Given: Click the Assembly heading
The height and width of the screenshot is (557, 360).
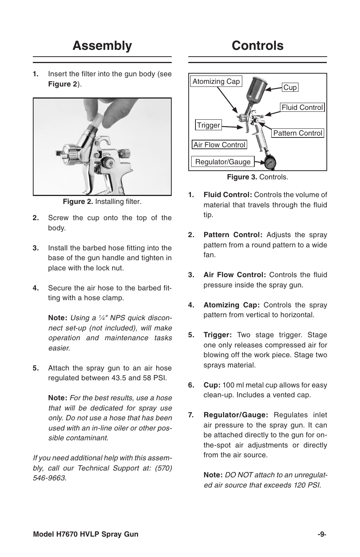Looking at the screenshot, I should [x=102, y=46].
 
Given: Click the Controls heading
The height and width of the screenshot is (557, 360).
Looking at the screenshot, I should [x=258, y=46].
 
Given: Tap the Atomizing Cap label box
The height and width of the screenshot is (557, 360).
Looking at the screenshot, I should [x=216, y=82].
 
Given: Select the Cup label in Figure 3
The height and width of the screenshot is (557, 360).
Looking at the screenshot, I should [x=290, y=88].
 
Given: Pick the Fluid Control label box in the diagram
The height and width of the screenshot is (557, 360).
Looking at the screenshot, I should [x=302, y=108].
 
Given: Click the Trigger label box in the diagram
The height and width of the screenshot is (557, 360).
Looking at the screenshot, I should [x=208, y=125].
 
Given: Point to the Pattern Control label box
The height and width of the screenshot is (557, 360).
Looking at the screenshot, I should [x=298, y=133].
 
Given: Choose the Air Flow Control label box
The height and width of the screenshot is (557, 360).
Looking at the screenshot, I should [x=219, y=145].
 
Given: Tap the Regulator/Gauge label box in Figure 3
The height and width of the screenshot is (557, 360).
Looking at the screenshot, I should [x=223, y=162].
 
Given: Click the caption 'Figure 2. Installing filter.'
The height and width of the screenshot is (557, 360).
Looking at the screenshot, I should [x=102, y=202].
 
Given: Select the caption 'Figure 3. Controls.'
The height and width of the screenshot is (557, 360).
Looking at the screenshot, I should [x=257, y=177].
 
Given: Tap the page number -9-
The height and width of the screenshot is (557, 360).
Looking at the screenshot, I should [x=322, y=534].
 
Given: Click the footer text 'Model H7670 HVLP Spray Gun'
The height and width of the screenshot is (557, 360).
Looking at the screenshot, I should [x=86, y=534].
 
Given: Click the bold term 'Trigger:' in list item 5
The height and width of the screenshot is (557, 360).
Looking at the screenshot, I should [x=217, y=335].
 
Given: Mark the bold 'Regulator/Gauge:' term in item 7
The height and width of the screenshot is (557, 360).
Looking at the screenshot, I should [x=236, y=415].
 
